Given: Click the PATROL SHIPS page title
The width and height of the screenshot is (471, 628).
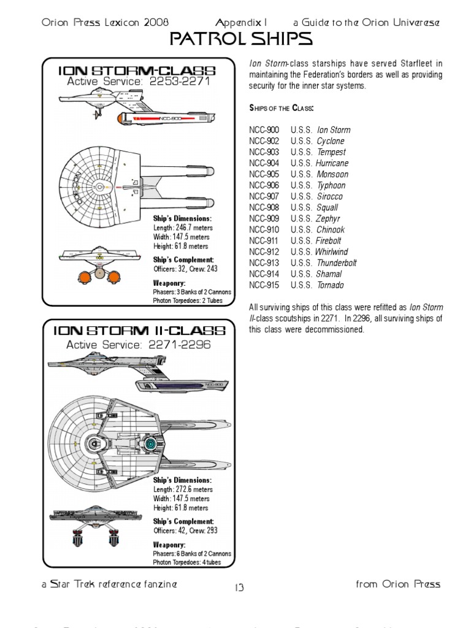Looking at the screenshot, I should click(x=239, y=40).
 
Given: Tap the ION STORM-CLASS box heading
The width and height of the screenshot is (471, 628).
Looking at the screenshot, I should click(x=139, y=70).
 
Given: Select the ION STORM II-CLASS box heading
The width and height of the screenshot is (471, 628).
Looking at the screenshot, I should click(x=139, y=331).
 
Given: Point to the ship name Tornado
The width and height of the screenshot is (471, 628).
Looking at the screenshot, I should click(x=331, y=285).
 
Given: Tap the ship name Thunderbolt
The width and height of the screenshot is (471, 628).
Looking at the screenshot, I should click(x=336, y=263).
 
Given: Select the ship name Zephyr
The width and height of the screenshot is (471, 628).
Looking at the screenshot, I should click(x=329, y=218).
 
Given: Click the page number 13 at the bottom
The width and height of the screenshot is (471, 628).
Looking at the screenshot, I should click(x=239, y=588).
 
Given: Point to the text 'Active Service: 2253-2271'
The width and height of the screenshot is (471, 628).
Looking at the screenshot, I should click(x=139, y=83).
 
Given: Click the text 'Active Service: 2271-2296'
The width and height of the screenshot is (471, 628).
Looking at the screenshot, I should click(x=139, y=345).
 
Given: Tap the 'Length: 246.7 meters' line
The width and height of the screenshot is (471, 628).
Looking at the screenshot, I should click(x=182, y=228).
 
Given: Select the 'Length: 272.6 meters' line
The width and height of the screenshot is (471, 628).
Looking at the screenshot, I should click(x=182, y=489).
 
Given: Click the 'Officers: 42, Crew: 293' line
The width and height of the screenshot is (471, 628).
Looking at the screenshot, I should click(x=185, y=530).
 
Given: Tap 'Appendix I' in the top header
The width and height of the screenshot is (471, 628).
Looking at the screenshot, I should click(x=245, y=22).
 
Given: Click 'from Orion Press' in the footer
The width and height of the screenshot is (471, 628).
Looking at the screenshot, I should click(x=398, y=584).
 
